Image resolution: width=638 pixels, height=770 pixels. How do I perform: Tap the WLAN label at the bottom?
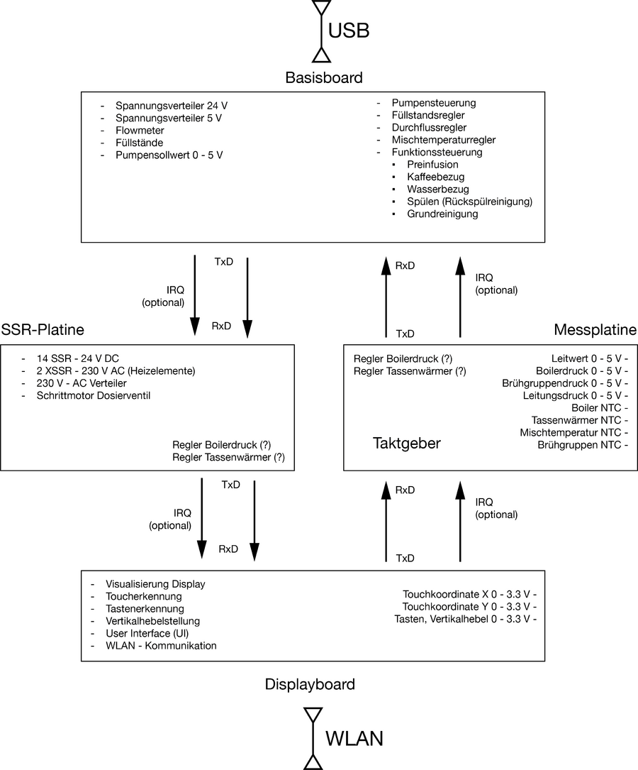click(x=354, y=738)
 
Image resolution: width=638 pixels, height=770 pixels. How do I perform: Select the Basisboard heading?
click(x=324, y=77)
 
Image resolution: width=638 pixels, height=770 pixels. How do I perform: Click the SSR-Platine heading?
click(x=43, y=330)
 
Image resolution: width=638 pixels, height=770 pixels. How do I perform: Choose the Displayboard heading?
click(x=310, y=684)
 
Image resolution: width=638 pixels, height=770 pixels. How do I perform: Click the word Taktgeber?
click(x=407, y=444)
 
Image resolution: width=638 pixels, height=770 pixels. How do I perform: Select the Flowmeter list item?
click(x=140, y=130)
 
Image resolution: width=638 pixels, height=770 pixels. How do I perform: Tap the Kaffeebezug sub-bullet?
click(x=435, y=177)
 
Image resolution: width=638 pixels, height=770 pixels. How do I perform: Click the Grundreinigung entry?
click(x=442, y=214)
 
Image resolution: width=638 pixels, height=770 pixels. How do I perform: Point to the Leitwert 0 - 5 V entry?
click(x=586, y=358)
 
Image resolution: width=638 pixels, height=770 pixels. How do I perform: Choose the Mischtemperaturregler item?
click(x=443, y=140)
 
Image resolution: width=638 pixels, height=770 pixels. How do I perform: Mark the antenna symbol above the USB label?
click(x=321, y=8)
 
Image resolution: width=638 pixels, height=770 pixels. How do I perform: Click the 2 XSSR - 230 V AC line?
click(x=116, y=370)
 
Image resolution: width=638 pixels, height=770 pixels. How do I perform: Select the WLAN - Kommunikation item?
click(x=161, y=645)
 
